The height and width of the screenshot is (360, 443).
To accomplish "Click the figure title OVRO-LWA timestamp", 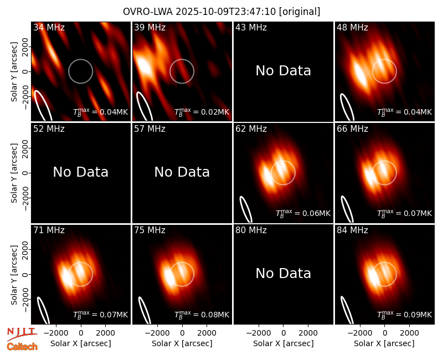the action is [221, 12].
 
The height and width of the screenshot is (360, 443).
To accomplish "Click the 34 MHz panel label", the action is [49, 27].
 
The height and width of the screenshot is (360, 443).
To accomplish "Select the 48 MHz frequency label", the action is [352, 27].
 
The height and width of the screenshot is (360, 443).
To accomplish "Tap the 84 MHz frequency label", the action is [352, 230].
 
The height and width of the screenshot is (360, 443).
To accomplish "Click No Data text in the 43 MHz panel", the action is [283, 71].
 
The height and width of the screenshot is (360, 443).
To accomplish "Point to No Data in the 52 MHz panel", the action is [80, 172].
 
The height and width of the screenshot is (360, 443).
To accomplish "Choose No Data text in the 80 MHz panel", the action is [283, 273].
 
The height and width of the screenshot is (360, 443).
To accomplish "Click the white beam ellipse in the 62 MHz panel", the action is [245, 209].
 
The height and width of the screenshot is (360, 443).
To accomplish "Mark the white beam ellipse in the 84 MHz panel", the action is [347, 310].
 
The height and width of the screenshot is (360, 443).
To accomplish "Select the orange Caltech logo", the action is [22, 347].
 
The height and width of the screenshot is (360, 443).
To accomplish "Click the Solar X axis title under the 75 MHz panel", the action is [182, 343].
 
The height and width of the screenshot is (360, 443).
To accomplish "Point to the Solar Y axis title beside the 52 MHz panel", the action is [14, 173].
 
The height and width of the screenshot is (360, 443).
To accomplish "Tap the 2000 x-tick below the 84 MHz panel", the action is [409, 333].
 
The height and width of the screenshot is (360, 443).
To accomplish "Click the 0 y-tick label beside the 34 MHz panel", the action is [25, 71].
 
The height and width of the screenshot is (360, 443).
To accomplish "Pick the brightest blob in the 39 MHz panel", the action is [143, 67].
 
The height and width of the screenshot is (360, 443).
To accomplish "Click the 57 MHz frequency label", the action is [150, 129].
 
